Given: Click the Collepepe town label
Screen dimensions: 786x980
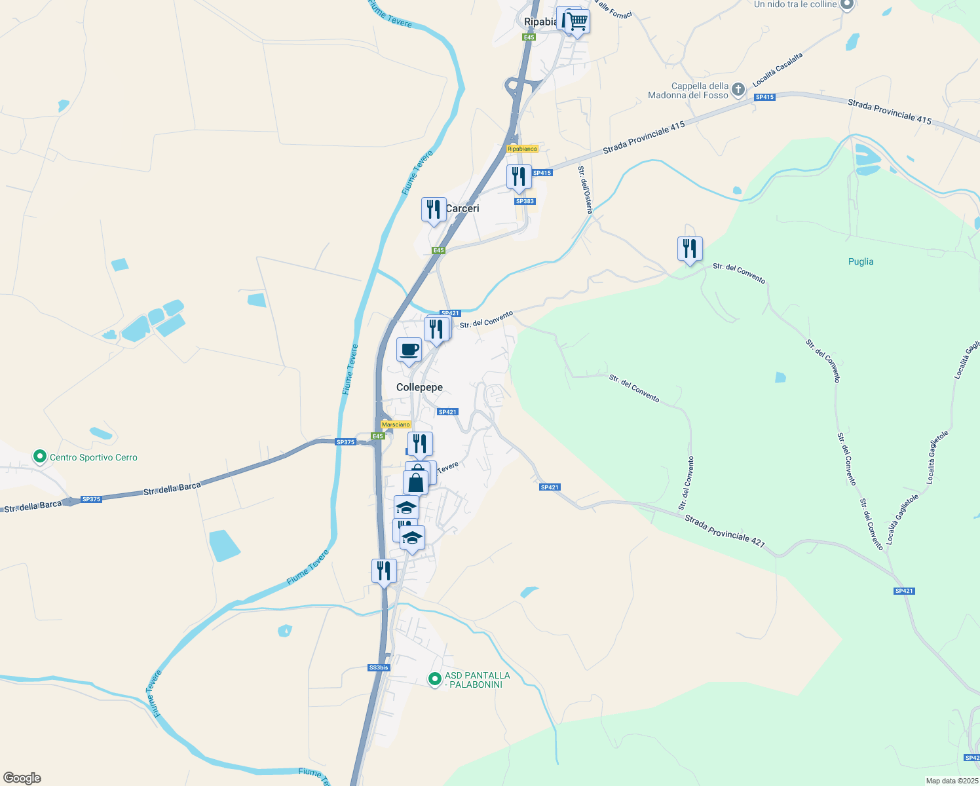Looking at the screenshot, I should click(419, 387).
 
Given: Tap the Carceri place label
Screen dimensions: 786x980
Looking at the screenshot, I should click(462, 208).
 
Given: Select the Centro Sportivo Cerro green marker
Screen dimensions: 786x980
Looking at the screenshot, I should click(40, 457).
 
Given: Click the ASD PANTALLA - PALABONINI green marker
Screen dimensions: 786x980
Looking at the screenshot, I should click(434, 679).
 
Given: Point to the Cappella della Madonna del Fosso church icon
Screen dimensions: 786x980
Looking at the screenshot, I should click(738, 89).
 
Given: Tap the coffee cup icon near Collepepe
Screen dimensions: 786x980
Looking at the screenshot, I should click(409, 349).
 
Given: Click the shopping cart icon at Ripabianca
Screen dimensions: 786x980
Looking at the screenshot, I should click(577, 22).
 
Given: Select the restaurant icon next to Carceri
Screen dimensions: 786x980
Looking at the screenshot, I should click(434, 210).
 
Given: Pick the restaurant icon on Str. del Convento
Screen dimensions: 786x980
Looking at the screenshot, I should click(690, 249).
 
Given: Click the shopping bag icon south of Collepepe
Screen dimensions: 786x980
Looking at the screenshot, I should click(416, 482).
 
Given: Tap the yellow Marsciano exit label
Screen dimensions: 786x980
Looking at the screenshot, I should click(396, 424).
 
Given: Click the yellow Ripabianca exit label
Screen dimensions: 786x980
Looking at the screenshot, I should click(522, 149).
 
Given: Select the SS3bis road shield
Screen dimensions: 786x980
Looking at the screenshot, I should click(379, 667).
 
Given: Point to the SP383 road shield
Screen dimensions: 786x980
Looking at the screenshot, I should click(525, 201).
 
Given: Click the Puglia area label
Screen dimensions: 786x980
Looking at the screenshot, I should click(860, 261).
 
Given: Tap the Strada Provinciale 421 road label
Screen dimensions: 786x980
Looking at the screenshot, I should click(725, 531).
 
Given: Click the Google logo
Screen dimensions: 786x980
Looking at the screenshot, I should click(22, 778).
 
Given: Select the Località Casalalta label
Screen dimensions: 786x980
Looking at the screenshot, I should click(778, 69).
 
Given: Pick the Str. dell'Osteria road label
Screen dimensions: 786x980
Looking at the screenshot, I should click(584, 189).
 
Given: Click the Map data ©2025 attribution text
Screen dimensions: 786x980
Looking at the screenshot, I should click(951, 781).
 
